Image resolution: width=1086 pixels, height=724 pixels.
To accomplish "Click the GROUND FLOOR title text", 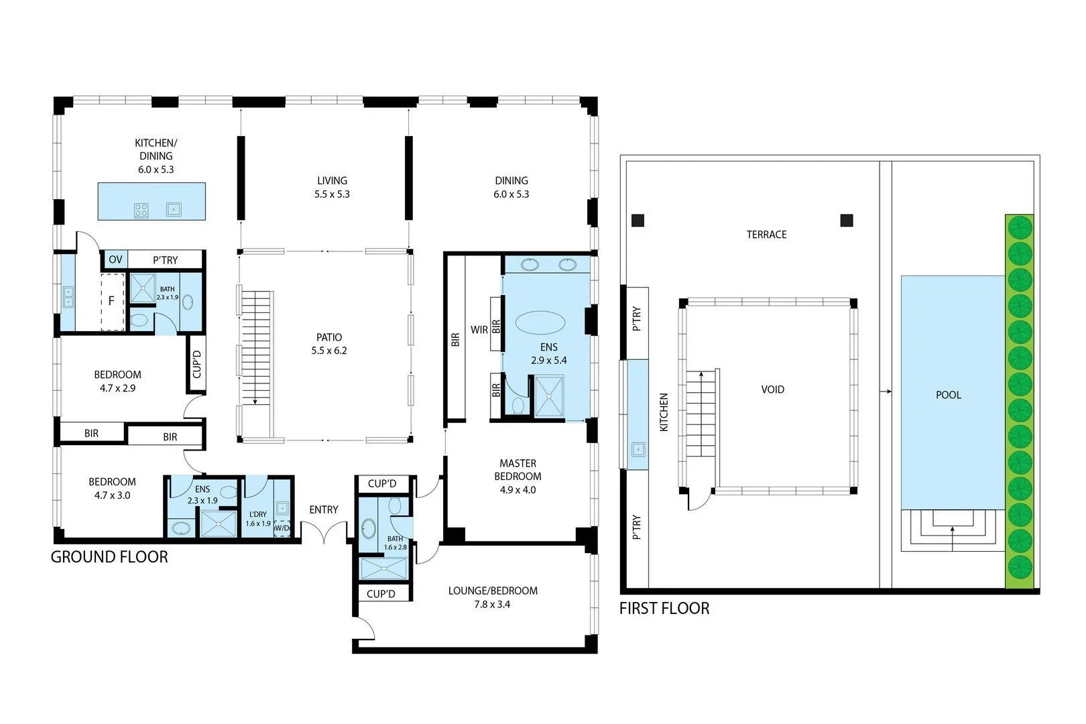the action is coord(109,556).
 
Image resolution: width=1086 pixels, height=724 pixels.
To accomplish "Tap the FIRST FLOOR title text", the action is coord(664,608).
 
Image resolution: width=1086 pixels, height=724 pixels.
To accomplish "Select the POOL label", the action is coord(949,395).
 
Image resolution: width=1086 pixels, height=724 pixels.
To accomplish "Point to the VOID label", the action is coord(772,389).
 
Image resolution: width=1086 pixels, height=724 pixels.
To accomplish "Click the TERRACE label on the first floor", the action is coord(766,235).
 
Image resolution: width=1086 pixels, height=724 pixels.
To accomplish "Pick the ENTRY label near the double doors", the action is coord(323,509).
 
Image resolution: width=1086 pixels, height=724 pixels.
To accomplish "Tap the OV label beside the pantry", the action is coord(115,259).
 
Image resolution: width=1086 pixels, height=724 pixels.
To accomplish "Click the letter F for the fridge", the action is coord(111,301).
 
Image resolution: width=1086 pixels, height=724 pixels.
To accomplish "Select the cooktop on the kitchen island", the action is coord(141,210).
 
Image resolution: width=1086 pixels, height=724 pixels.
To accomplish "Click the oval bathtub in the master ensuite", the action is coord(540,322).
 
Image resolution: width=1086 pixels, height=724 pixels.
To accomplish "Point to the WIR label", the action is coord(479,330).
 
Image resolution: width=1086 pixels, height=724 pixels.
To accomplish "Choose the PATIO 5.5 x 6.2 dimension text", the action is coord(329,351).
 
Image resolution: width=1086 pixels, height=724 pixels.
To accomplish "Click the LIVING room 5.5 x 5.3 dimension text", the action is coord(332,194).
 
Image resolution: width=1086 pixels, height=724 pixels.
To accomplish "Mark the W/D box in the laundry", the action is coord(282,528).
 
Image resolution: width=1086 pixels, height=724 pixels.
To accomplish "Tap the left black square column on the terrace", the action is coord(638,221).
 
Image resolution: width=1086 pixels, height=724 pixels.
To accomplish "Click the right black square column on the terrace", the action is coord(847,221).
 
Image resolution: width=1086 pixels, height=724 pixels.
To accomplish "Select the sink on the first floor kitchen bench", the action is coord(638,450).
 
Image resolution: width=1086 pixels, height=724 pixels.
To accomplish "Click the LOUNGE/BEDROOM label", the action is coord(493,591).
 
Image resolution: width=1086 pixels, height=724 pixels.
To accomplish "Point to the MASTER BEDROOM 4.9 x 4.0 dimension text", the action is coord(518,490).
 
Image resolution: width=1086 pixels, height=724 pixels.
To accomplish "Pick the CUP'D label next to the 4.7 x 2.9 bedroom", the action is coord(197,364).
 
